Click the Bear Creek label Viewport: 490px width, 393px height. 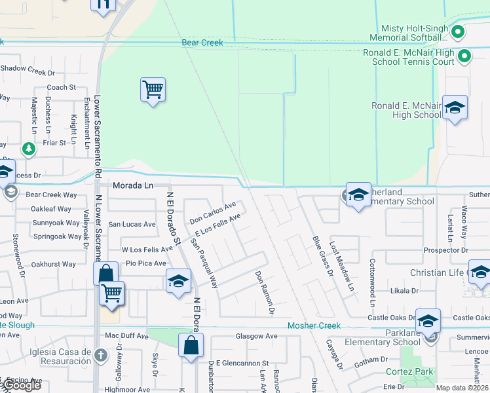(202, 43)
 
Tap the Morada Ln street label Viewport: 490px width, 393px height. (132, 185)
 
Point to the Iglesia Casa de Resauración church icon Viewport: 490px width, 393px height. (100, 356)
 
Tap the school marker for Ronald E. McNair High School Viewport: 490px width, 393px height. (455, 108)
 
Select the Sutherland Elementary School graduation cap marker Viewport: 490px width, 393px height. (358, 195)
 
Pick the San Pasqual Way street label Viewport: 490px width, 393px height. (204, 263)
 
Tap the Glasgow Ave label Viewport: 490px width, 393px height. (256, 336)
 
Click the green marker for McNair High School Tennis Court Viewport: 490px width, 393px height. (464, 56)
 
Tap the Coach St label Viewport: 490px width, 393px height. (62, 87)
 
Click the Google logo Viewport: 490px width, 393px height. (21, 385)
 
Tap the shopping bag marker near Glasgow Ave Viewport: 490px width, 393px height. (191, 345)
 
